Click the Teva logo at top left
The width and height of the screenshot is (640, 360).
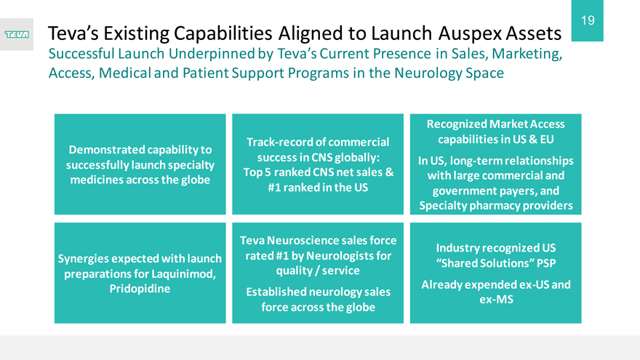[x=17, y=35]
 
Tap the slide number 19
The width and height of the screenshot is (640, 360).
[x=588, y=20]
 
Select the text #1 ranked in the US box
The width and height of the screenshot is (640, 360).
[x=318, y=188]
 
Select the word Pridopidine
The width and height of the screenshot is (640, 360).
[x=140, y=289]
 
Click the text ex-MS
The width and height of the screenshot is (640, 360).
[x=496, y=300]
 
